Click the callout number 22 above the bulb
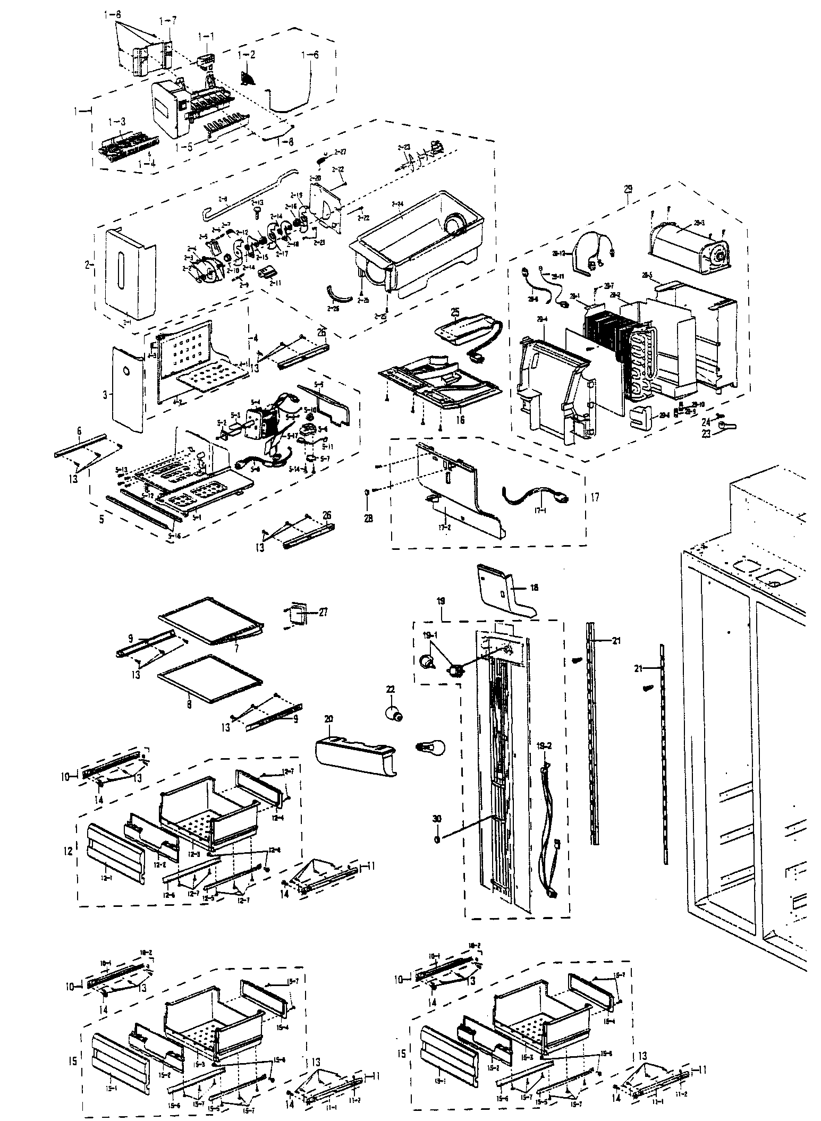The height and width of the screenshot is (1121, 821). [x=391, y=690]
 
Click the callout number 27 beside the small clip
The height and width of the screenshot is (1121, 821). [x=324, y=612]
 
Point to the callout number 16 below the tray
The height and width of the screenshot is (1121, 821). [x=460, y=420]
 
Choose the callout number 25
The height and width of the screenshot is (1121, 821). [x=456, y=309]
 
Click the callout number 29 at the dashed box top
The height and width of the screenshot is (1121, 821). [x=628, y=190]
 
